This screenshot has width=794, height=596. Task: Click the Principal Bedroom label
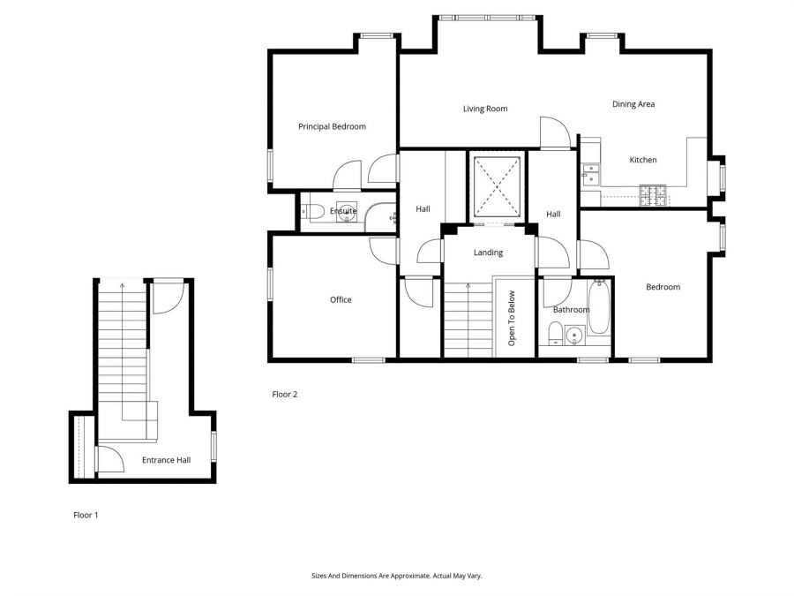(x=332, y=127)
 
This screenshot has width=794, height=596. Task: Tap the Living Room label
(x=485, y=109)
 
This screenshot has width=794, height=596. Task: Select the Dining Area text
(x=633, y=104)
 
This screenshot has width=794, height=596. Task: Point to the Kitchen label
(x=642, y=160)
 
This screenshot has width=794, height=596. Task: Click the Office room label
(x=341, y=300)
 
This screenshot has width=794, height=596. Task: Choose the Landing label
(x=488, y=253)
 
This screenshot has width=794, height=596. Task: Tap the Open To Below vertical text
(x=511, y=318)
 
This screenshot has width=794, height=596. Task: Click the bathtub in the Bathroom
(x=599, y=308)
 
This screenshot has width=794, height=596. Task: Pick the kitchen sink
(x=588, y=174)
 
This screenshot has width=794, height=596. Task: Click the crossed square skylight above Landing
(x=496, y=187)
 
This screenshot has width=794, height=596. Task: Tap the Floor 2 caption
(x=285, y=395)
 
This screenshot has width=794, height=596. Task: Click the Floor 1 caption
(x=86, y=515)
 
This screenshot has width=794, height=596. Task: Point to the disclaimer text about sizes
(x=397, y=576)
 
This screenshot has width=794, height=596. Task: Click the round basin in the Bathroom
(x=575, y=335)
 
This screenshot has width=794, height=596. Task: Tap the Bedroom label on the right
(x=663, y=287)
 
